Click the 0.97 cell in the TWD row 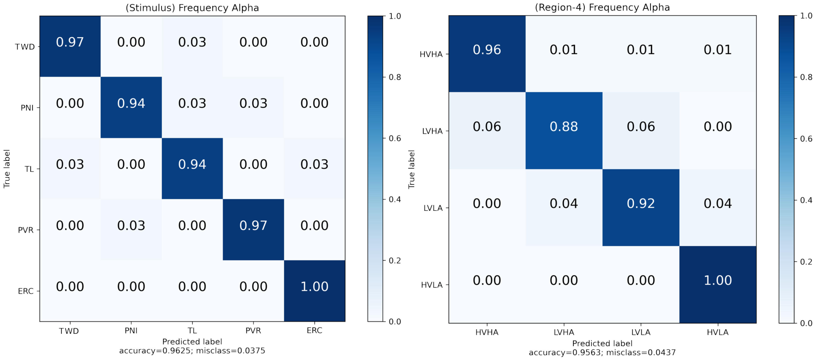click(x=70, y=42)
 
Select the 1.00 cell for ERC click(x=314, y=287)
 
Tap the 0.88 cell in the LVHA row click(x=563, y=126)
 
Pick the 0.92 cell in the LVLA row click(x=641, y=203)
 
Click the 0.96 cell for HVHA click(x=487, y=50)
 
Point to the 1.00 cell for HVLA click(x=718, y=280)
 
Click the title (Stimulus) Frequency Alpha click(x=192, y=8)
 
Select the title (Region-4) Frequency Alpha click(x=602, y=7)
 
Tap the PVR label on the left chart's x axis click(x=253, y=330)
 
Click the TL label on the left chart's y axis click(x=29, y=169)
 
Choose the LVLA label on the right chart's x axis click(x=641, y=332)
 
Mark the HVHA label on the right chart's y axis click(x=431, y=55)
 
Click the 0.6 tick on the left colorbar click(x=395, y=139)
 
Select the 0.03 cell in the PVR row click(x=131, y=225)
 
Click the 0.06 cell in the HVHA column click(x=487, y=126)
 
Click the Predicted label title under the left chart click(x=192, y=342)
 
